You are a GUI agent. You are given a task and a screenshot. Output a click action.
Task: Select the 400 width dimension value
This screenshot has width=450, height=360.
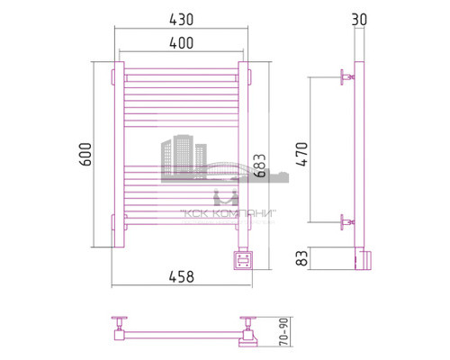point(179,41)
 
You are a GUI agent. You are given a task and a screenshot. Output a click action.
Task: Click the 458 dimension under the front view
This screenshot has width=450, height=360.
point(180,277)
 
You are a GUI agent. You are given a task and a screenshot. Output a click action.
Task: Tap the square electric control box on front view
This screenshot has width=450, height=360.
point(243,260)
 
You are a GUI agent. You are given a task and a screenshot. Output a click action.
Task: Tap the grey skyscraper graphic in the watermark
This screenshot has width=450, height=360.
point(180,157)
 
